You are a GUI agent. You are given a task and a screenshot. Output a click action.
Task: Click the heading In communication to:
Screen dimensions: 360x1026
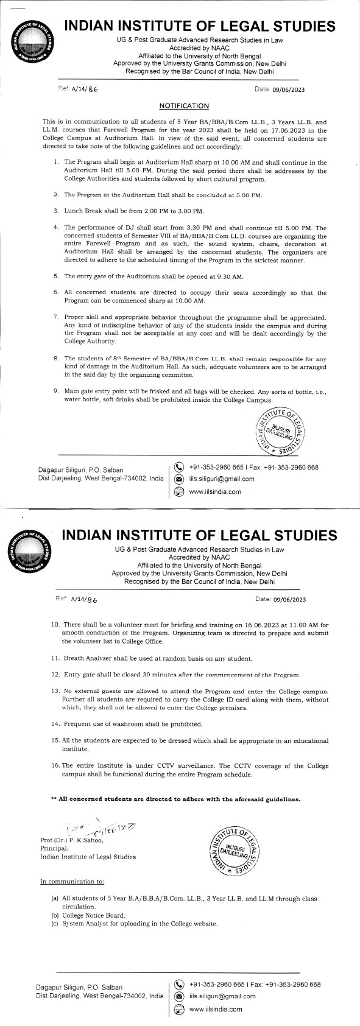coord(72,881)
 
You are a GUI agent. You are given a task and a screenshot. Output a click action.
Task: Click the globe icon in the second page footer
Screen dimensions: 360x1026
coord(179,1009)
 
